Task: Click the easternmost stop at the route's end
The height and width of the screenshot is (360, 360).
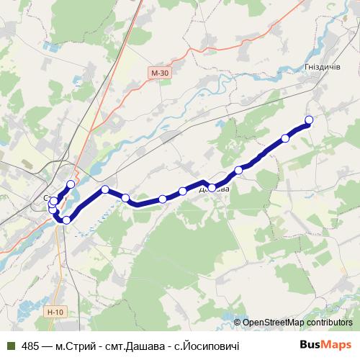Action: [x=310, y=120]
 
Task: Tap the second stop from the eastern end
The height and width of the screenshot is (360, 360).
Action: [x=286, y=138]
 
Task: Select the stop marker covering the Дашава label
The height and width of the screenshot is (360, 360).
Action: [x=212, y=187]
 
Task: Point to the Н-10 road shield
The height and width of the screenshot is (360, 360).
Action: [x=54, y=312]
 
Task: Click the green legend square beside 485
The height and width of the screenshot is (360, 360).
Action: [x=10, y=346]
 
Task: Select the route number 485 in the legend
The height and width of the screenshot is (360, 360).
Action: [x=30, y=346]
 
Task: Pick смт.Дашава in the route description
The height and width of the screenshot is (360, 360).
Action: [x=135, y=346]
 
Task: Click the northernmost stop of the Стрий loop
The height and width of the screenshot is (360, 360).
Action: [x=71, y=184]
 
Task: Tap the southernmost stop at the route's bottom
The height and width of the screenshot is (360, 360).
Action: [x=66, y=220]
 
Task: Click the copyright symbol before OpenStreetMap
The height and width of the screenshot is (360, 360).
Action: [x=238, y=323]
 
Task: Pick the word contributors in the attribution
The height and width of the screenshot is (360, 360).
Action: [x=328, y=323]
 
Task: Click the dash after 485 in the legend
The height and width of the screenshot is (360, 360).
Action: [x=47, y=346]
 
